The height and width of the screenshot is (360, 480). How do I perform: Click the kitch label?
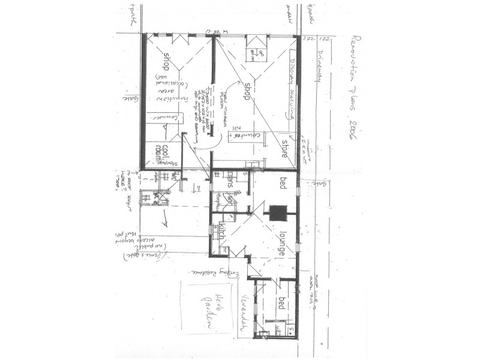tap(220, 230)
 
